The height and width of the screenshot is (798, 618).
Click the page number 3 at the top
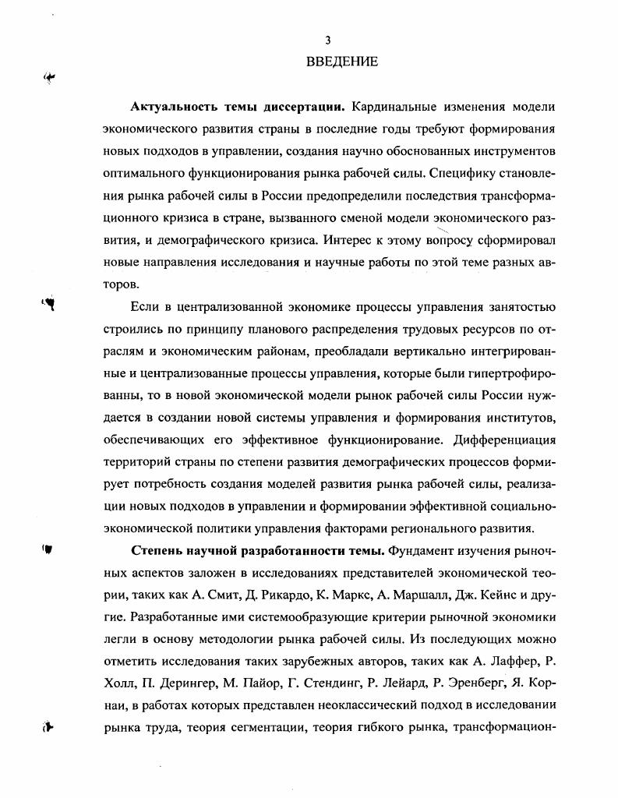coord(327,41)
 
